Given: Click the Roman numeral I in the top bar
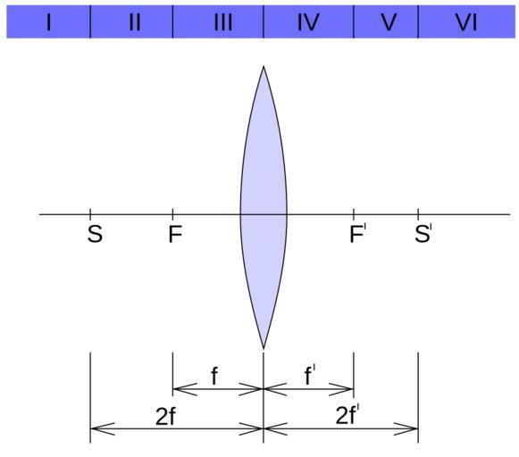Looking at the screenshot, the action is (x=49, y=23).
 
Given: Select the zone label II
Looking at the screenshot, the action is (x=135, y=23).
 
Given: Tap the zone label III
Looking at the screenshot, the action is (x=223, y=23).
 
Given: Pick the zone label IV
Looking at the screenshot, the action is (x=308, y=23).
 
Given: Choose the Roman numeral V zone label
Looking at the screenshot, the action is (x=389, y=23).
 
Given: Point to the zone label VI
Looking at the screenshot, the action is (x=466, y=23).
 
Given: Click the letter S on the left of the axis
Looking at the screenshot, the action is (x=95, y=234).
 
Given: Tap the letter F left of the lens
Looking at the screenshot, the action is (x=175, y=234).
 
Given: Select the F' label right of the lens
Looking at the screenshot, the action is (x=358, y=234).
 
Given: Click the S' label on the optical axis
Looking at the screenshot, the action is (x=423, y=234).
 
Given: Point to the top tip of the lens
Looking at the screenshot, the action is (x=264, y=66).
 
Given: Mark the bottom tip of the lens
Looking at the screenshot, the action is (x=264, y=348).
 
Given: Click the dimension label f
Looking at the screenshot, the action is (x=214, y=376).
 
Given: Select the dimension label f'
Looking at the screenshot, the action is (x=309, y=375).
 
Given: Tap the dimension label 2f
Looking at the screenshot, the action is (x=165, y=416).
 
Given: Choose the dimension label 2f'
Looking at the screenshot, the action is (x=347, y=416).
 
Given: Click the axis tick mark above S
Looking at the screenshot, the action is (x=90, y=212).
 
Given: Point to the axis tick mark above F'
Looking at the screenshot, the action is (x=354, y=212).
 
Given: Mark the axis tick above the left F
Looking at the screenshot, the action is (x=172, y=212).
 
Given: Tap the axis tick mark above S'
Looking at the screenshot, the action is (x=418, y=212).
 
